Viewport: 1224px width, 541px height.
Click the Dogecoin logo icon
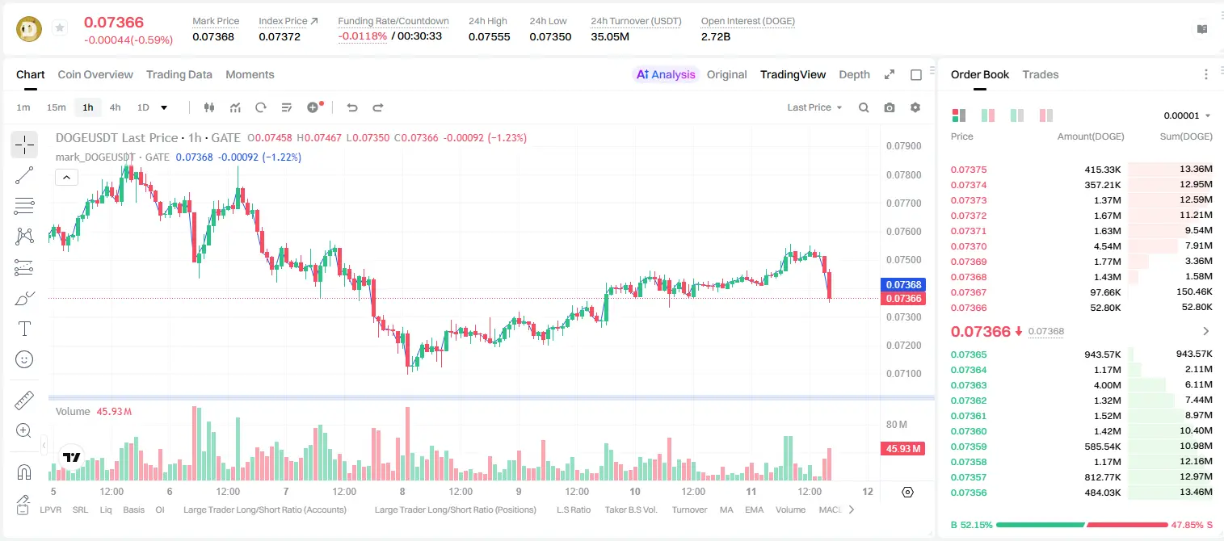point(29,29)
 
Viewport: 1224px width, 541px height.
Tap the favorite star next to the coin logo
point(60,27)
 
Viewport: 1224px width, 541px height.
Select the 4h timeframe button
point(115,107)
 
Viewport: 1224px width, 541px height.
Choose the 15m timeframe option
point(57,107)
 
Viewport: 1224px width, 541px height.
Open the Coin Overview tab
point(95,74)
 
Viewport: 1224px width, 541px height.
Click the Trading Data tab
point(179,74)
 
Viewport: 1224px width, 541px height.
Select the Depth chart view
point(854,74)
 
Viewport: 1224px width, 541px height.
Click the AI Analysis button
point(666,74)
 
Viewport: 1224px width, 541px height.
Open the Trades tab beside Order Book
point(1041,74)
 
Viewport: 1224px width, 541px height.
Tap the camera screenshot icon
point(890,107)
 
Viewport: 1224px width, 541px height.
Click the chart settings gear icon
point(915,107)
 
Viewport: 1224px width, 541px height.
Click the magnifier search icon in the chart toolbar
point(864,107)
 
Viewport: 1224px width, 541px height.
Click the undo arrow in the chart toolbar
point(352,107)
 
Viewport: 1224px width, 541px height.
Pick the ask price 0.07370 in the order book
point(968,246)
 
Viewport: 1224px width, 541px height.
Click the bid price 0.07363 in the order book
point(968,385)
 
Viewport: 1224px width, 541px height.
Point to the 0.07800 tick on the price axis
point(904,174)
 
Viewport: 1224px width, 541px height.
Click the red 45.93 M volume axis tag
point(902,449)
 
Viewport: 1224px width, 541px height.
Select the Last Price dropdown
point(814,107)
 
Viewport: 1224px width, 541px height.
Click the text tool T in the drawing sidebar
point(24,329)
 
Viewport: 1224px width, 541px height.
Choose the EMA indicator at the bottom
point(754,510)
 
